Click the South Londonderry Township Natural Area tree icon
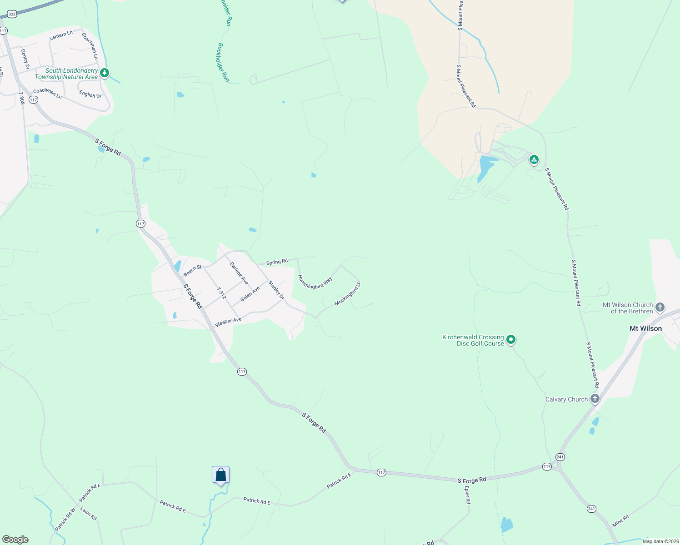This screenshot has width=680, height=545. tap(105, 73)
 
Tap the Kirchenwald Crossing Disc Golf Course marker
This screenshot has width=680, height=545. tap(511, 339)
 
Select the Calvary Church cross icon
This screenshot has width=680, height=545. tap(595, 399)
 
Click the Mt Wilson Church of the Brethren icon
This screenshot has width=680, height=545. tap(660, 307)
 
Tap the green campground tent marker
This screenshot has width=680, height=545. tap(534, 159)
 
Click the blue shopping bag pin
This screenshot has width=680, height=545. tap(220, 475)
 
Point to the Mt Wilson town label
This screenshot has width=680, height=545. tap(645, 328)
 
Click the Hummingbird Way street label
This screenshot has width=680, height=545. tap(315, 283)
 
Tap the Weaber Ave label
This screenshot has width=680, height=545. tap(228, 322)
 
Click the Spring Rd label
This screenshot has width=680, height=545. tap(277, 262)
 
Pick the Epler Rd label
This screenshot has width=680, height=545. tap(467, 495)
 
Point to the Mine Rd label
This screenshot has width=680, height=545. tap(620, 520)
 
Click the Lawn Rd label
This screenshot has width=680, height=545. tap(89, 514)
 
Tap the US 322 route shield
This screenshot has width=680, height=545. tap(12, 15)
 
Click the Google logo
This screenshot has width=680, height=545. tap(15, 540)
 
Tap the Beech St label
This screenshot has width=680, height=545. tap(193, 271)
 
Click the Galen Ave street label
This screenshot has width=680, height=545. tap(250, 293)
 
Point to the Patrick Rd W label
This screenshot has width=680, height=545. tap(65, 520)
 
